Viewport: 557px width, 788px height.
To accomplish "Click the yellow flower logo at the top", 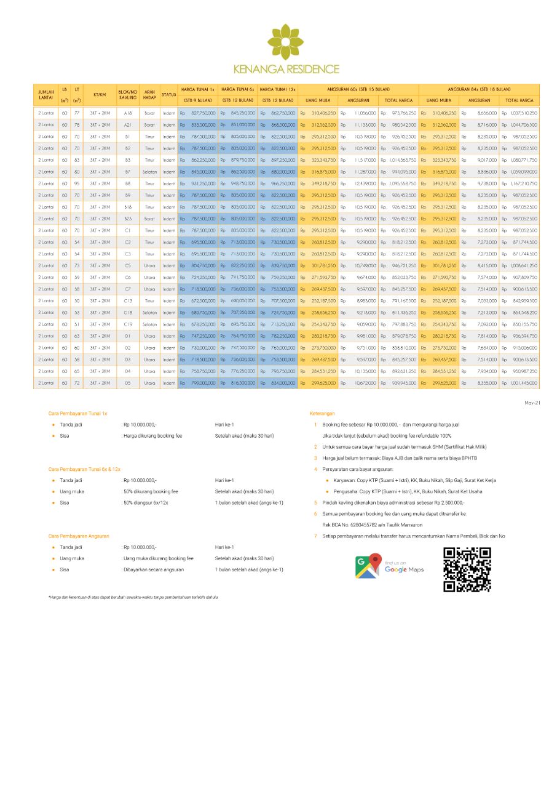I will pos(285,41).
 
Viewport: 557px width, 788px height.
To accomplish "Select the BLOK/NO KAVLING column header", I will pos(127,94).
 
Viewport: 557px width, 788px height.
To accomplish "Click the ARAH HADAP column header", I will pos(149,94).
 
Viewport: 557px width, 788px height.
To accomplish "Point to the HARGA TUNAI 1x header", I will pos(197,89).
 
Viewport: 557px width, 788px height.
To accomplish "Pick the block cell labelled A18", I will pos(127,113).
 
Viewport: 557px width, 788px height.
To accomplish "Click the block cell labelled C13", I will pos(127,301).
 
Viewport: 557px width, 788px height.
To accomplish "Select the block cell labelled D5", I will pos(127,383).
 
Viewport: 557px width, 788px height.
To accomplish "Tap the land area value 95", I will pos(77,183).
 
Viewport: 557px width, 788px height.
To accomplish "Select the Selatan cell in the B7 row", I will pos(149,172).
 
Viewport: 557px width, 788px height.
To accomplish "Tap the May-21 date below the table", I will pos(532,403).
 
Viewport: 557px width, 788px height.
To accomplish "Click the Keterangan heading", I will pos(323,414).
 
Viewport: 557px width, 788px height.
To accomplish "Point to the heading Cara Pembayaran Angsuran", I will pos(79,536).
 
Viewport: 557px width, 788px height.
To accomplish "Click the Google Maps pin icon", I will pos(368,566).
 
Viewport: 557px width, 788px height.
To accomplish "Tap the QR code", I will pos(467,569).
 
